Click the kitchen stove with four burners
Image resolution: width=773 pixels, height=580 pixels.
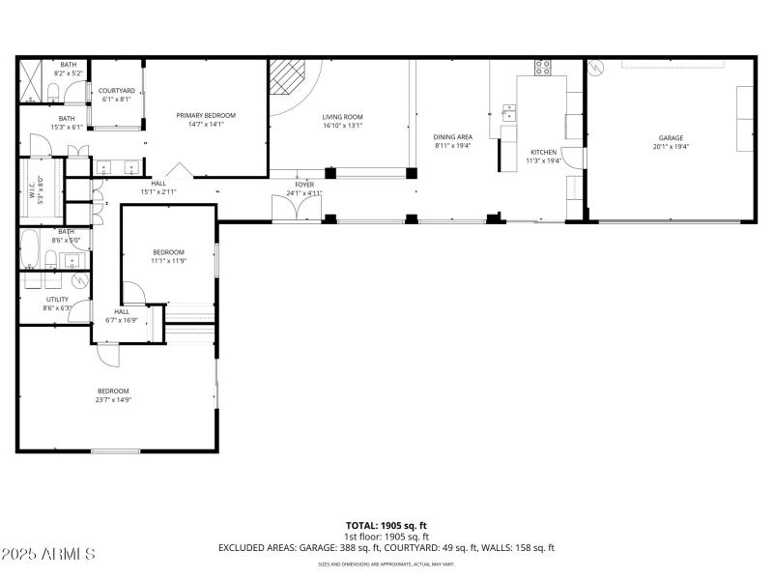[543, 68]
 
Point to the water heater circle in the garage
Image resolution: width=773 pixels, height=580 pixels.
[596, 69]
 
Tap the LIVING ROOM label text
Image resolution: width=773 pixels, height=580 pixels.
[342, 116]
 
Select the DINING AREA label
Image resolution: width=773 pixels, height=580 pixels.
[452, 137]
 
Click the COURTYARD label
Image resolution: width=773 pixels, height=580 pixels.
[117, 90]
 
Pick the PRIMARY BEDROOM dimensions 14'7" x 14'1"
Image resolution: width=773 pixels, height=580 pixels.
[206, 124]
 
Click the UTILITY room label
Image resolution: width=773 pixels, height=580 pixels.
[57, 299]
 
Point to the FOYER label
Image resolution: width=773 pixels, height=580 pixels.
[304, 184]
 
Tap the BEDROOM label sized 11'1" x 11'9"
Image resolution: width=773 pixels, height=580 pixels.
[168, 252]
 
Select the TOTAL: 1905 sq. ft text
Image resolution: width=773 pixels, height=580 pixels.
[386, 525]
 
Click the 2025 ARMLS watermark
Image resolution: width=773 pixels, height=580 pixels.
[48, 554]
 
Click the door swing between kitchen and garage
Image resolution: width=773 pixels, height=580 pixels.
[578, 161]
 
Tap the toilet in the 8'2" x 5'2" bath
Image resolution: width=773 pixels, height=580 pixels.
[54, 92]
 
